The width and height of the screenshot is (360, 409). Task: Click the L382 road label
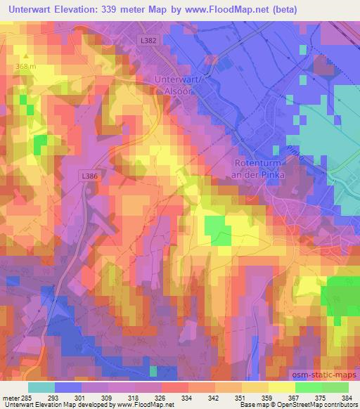pos(148,41)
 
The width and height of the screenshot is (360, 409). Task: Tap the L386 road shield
pos(89,176)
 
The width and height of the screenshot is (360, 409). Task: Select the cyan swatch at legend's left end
pos(41,387)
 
